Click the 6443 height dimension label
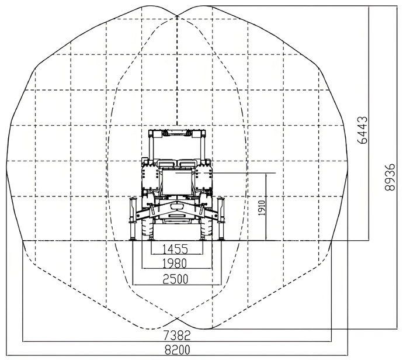[363, 130]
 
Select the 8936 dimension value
[390, 177]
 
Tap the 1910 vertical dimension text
[262, 208]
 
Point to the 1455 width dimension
[176, 249]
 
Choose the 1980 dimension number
[175, 264]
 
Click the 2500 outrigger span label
[176, 279]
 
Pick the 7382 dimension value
[177, 335]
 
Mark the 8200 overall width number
[177, 350]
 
